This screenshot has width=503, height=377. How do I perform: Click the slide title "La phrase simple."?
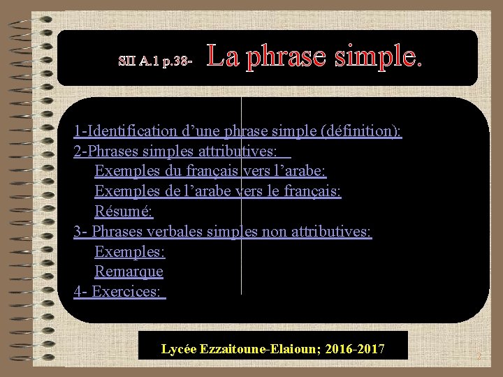click(x=314, y=57)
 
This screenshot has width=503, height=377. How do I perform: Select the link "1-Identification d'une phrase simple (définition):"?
click(x=238, y=131)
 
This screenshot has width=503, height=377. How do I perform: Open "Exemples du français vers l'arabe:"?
click(x=210, y=171)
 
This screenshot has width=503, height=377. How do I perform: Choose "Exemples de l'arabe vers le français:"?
click(x=217, y=191)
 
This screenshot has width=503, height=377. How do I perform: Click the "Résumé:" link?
click(x=124, y=211)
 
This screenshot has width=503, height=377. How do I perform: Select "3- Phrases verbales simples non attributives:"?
click(x=223, y=231)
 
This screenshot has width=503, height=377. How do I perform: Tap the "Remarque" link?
click(x=129, y=271)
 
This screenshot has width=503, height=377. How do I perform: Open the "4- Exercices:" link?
click(x=119, y=291)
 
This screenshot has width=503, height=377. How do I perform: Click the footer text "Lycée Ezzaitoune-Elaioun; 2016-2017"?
click(x=272, y=348)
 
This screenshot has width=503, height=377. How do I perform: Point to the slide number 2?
click(x=479, y=357)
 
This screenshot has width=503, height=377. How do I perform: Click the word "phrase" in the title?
click(x=286, y=58)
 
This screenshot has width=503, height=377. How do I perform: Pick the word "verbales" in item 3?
click(x=177, y=231)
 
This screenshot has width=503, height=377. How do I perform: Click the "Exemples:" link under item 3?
click(x=129, y=251)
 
